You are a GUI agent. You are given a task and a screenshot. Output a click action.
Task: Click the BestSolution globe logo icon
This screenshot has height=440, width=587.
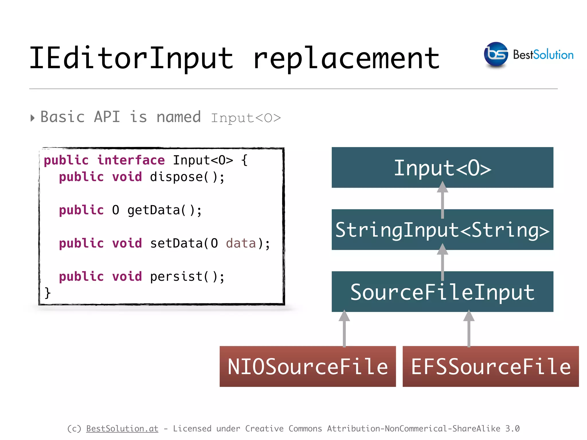click(496, 54)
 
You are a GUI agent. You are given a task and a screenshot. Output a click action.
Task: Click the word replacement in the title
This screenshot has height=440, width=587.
click(346, 59)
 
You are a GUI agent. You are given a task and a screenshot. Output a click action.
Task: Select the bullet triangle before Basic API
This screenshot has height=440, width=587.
click(32, 118)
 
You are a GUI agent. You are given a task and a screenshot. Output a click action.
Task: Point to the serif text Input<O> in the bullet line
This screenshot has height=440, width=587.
click(246, 118)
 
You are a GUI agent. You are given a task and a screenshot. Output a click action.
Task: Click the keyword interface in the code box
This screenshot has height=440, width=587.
click(131, 160)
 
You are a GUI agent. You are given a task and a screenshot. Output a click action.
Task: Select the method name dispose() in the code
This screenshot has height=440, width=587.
click(187, 177)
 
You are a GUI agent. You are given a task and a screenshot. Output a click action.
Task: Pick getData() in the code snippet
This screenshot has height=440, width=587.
click(165, 210)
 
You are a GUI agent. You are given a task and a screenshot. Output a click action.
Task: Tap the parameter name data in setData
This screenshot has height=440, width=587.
click(241, 243)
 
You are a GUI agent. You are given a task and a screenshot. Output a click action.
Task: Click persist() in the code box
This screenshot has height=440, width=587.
click(187, 277)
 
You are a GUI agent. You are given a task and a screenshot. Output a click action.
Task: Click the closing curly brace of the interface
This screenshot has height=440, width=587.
click(48, 293)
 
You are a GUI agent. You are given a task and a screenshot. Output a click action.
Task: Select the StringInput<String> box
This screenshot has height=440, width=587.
click(442, 230)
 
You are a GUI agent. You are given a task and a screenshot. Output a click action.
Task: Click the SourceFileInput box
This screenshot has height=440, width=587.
click(442, 292)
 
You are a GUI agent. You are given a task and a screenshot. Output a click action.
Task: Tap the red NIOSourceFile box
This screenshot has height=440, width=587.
click(308, 366)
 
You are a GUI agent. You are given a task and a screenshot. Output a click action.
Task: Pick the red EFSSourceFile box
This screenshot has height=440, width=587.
click(490, 366)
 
